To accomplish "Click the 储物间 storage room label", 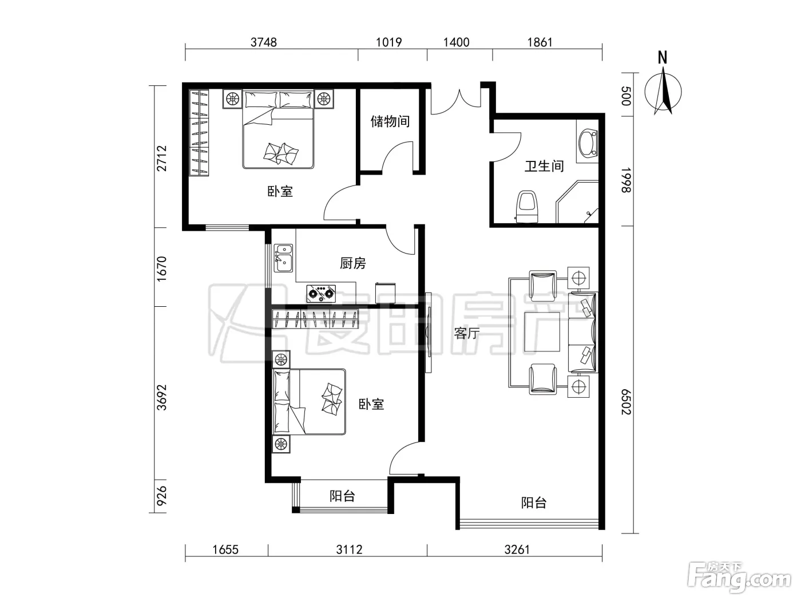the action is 390,121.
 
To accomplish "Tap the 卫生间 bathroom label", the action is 544,166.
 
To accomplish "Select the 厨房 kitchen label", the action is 352,263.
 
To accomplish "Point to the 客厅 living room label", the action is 466,333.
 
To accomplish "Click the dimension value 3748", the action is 264,42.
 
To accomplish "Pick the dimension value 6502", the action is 626,402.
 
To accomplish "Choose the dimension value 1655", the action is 225,549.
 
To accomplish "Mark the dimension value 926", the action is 161,495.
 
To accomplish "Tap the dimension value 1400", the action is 456,42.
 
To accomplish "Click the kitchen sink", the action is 283,258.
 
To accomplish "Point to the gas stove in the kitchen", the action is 321,294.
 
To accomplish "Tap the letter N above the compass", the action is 663,58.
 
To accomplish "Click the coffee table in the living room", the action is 542,331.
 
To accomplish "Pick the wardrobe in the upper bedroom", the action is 199,133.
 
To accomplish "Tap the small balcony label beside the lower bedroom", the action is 342,496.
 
